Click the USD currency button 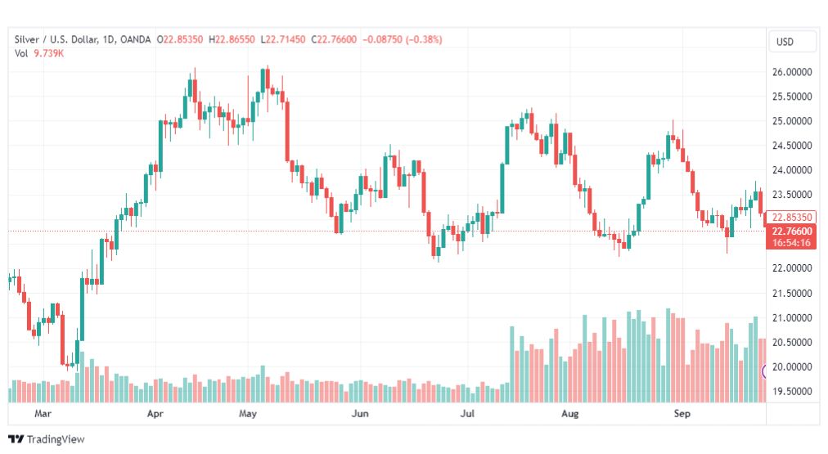click(x=792, y=42)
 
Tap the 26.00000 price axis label click(x=791, y=72)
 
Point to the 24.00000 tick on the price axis click(x=791, y=170)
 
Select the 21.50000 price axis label click(x=791, y=293)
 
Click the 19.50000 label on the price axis click(x=791, y=391)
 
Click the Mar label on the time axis click(x=43, y=414)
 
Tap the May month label click(x=249, y=414)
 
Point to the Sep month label click(x=682, y=414)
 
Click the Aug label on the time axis click(x=570, y=414)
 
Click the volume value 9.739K click(x=48, y=53)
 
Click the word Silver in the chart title click(x=29, y=39)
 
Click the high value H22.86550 click(x=232, y=39)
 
